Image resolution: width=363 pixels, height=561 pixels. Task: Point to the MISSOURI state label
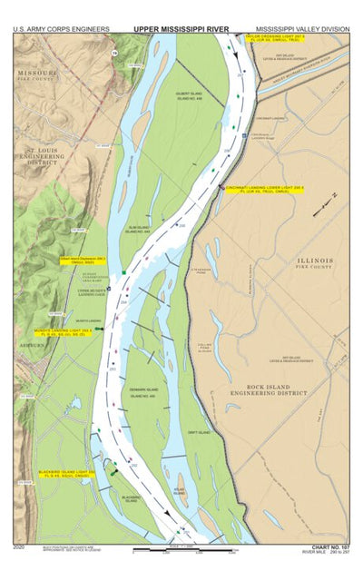pyautogui.click(x=35, y=74)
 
